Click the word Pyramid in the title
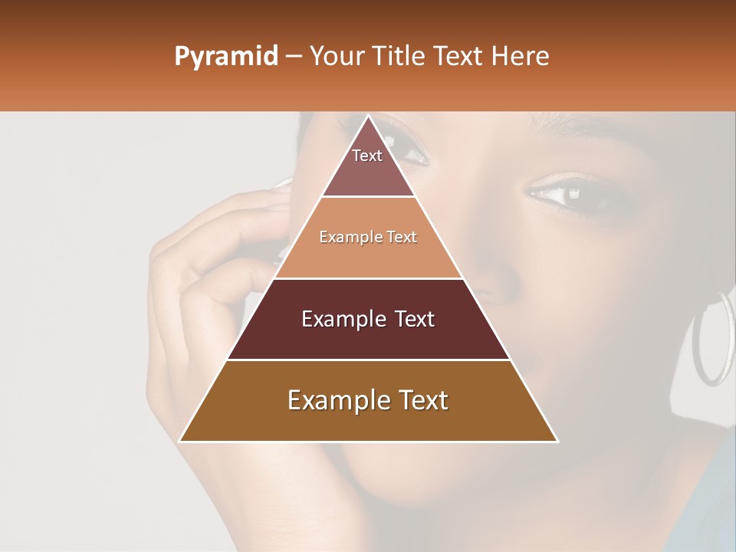point(226,57)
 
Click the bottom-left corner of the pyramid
point(181,441)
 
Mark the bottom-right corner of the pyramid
point(557,441)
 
